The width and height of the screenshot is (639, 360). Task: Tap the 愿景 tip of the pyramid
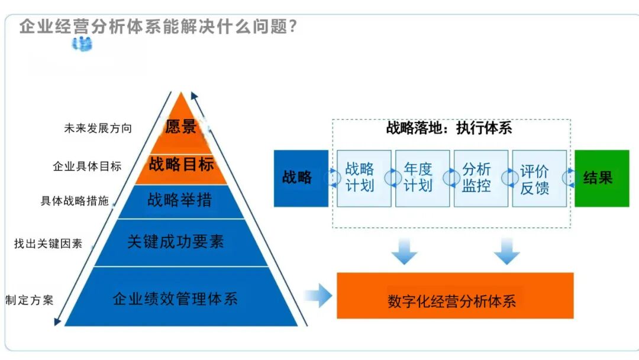180,127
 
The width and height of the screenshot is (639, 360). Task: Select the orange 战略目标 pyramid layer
181,164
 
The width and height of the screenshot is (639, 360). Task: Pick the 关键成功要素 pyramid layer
176,241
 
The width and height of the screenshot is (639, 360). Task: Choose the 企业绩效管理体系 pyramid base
175,298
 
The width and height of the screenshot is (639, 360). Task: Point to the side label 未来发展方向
98,128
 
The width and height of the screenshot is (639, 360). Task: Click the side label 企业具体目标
87,166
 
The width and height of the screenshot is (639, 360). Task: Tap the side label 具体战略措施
75,201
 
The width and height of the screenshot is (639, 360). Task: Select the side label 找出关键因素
49,243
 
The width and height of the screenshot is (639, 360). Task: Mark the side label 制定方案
30,300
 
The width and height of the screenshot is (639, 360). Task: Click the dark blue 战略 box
301,178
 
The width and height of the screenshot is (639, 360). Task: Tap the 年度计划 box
418,178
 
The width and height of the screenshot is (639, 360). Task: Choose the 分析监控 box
477,178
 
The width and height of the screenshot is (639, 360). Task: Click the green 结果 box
601,178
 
